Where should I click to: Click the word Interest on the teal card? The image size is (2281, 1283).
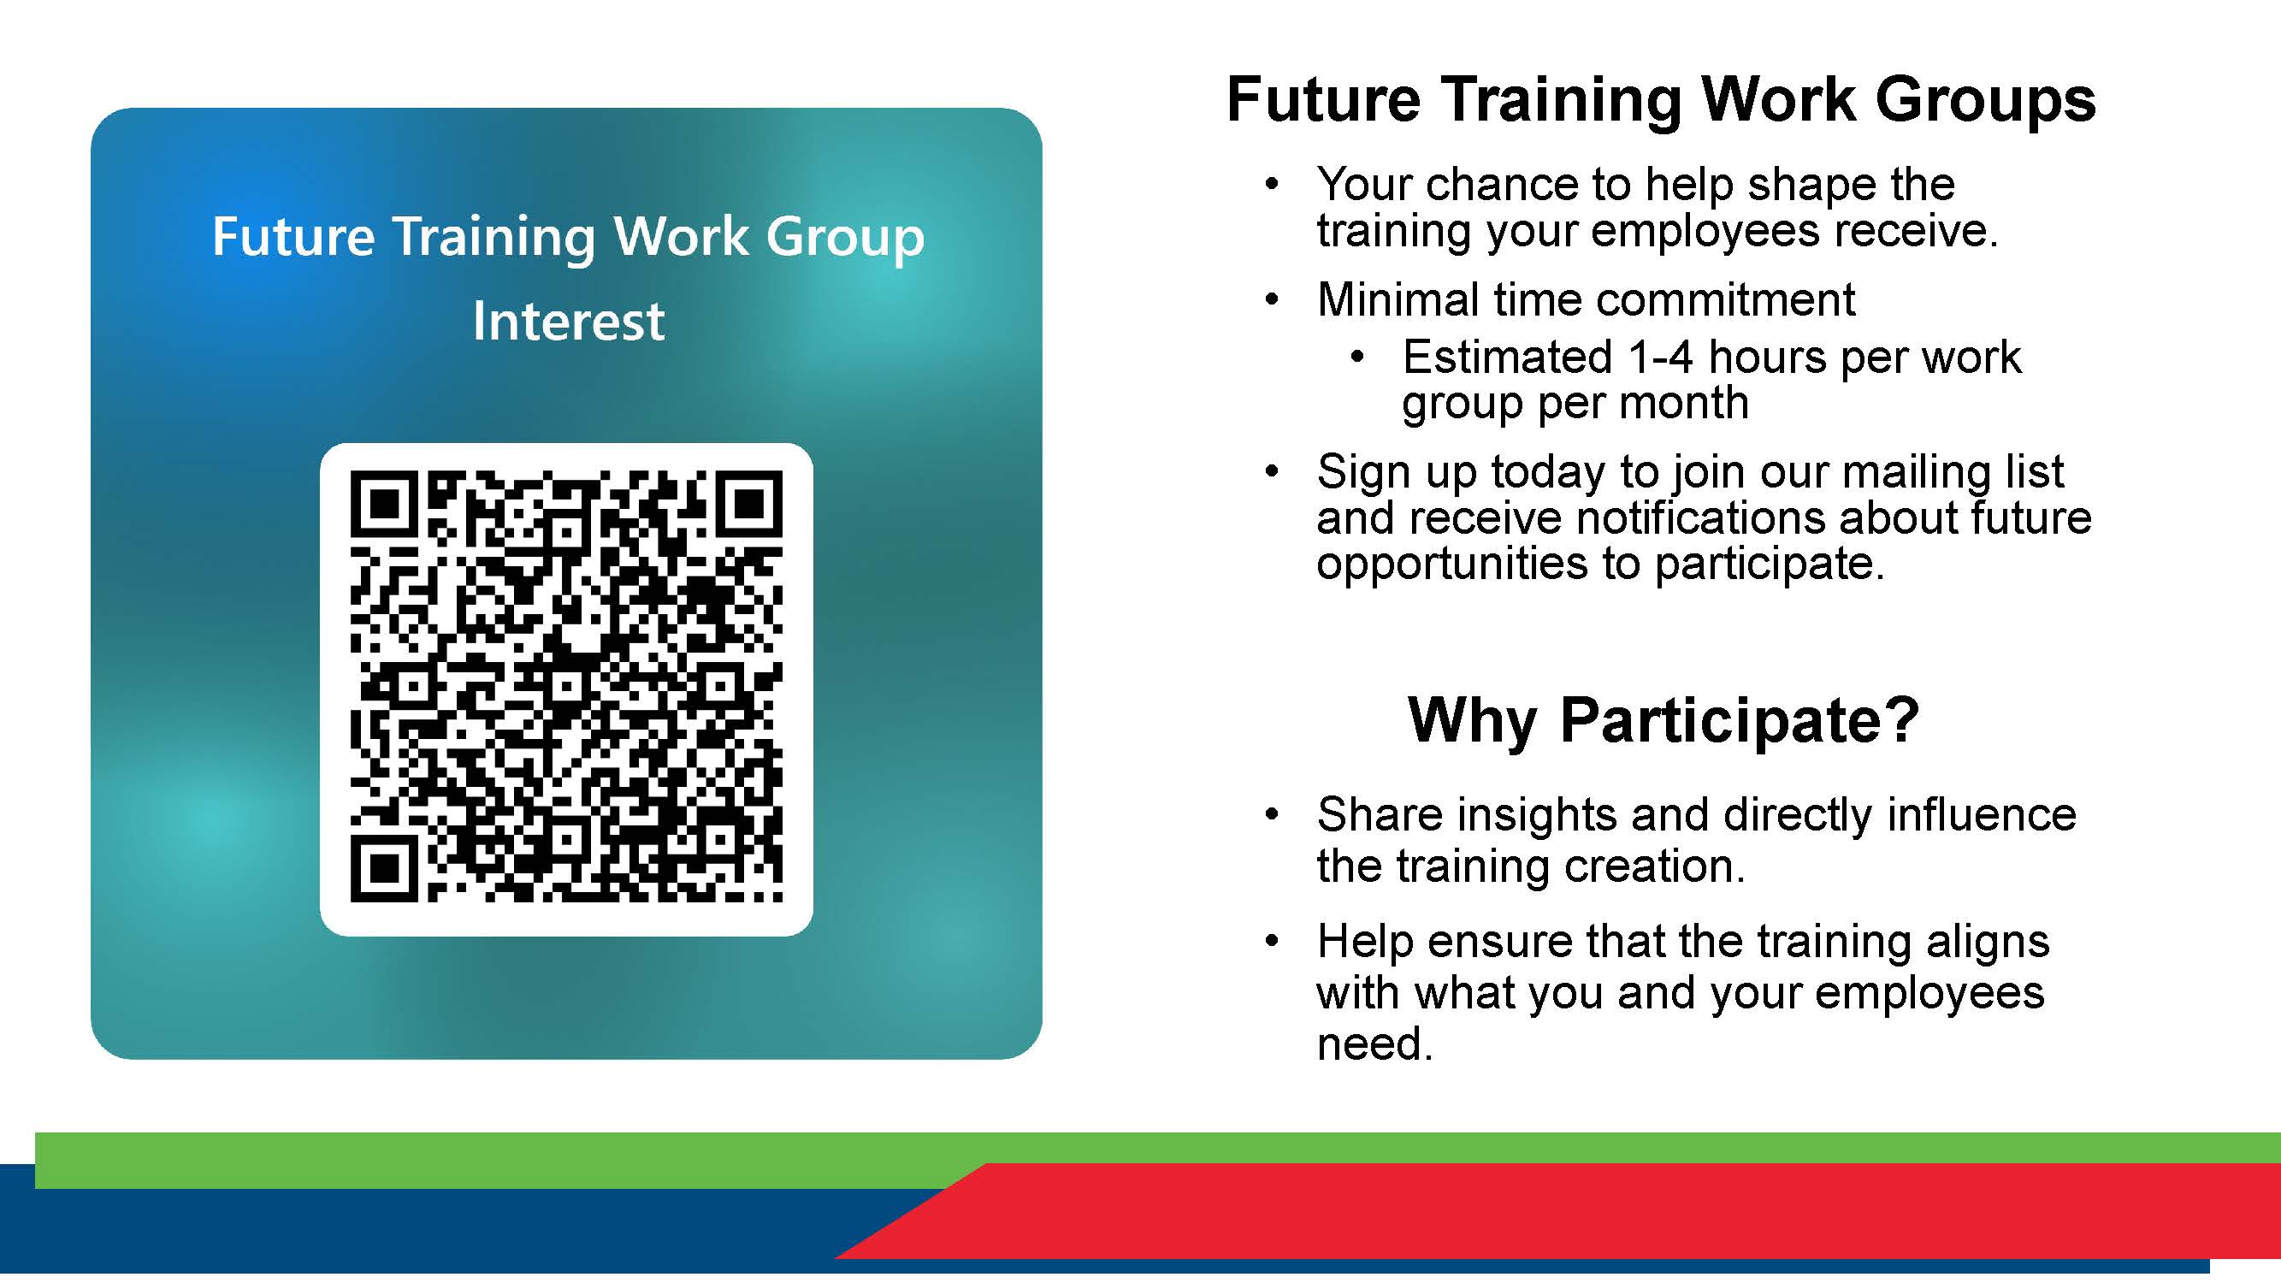pos(568,321)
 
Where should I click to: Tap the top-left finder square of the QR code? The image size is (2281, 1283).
pos(383,504)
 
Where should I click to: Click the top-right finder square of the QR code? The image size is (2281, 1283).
pos(749,504)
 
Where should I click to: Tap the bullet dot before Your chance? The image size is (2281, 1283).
pos(1273,185)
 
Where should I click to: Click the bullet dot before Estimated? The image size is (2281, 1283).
pos(1357,358)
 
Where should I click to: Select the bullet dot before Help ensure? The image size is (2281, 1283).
pos(1273,940)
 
